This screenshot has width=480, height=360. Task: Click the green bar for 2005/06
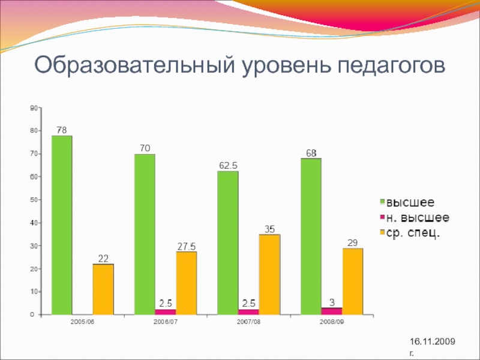tap(62, 225)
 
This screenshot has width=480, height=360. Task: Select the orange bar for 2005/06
tap(103, 289)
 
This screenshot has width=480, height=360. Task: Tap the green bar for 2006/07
tap(145, 234)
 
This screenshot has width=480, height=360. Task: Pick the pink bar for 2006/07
tap(166, 311)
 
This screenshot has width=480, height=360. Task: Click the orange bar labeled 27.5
tap(186, 283)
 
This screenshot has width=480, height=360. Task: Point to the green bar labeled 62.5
tap(227, 242)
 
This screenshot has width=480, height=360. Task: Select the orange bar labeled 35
tap(269, 274)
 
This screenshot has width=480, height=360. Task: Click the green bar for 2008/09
tap(311, 236)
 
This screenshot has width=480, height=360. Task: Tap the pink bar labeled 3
tap(332, 311)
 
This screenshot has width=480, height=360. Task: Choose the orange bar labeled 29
tap(352, 281)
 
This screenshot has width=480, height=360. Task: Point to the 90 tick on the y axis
tap(34, 108)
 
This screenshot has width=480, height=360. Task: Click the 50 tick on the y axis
tap(34, 200)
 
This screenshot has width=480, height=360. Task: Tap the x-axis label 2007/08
tap(248, 323)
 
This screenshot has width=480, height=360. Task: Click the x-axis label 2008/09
tap(331, 323)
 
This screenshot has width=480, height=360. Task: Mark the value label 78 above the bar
tap(62, 130)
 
